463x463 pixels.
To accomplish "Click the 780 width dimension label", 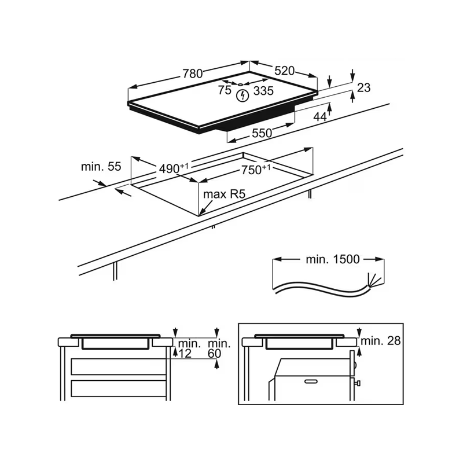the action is pos(193,74).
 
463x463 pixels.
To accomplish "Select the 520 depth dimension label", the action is pos(285,71).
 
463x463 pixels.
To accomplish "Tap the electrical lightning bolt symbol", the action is pos(243,95).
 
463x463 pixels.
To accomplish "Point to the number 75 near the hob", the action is pos(225,90).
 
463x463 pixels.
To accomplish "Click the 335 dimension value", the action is pos(264,91).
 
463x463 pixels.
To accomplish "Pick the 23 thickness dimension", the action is pos(363,88).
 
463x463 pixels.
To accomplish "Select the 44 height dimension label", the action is pos(320,117).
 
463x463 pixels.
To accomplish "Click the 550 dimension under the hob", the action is pos(262,133).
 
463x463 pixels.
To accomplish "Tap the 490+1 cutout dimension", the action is pos(174,168).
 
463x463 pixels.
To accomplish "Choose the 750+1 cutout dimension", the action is pos(256,170).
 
